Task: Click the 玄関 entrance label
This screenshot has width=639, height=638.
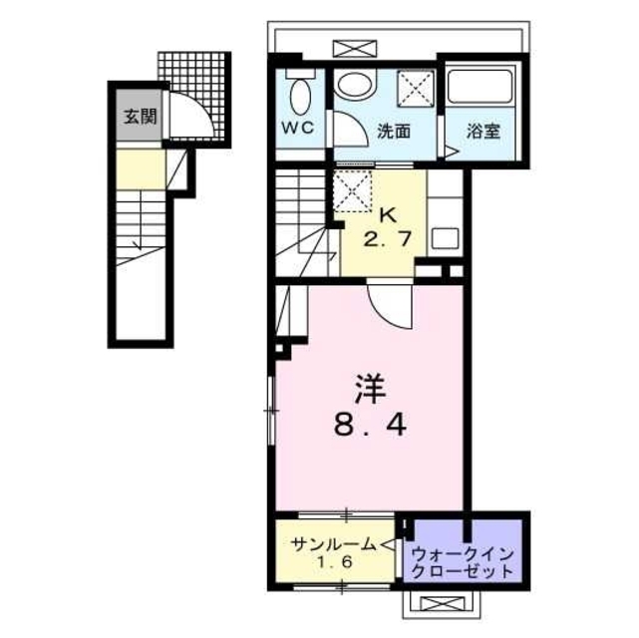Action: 141,116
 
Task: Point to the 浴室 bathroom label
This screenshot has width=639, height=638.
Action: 484,131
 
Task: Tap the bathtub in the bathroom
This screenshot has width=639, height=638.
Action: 479,87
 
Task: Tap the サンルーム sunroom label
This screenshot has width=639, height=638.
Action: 333,544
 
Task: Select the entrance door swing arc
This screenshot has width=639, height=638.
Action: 189,115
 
